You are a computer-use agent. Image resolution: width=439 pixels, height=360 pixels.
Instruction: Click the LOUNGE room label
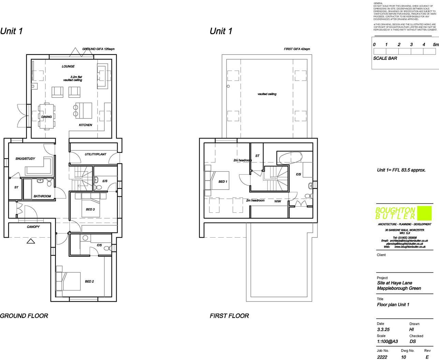click(x=68, y=66)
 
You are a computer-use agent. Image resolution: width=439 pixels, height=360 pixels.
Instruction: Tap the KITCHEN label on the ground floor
click(x=85, y=125)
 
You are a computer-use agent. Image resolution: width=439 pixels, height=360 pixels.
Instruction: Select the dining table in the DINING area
click(x=46, y=116)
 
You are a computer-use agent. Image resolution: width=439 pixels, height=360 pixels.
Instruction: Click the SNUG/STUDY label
click(x=25, y=159)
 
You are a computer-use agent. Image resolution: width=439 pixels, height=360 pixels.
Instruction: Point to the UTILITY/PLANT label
click(x=96, y=154)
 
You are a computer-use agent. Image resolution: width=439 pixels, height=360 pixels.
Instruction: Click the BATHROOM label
click(x=42, y=196)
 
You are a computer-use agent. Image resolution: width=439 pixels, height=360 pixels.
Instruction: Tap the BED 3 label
click(x=90, y=209)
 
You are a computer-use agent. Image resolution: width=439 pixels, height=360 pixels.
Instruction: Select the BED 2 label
click(x=89, y=282)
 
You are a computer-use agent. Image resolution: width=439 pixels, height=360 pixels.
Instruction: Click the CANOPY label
click(x=33, y=227)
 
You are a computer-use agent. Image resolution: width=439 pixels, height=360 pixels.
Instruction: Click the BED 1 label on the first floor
click(x=223, y=182)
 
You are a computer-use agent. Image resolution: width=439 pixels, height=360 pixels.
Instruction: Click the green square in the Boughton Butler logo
click(x=424, y=213)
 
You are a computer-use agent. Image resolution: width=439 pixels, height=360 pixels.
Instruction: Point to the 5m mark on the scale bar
click(x=436, y=45)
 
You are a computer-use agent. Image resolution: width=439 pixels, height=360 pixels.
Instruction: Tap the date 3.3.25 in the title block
click(x=383, y=330)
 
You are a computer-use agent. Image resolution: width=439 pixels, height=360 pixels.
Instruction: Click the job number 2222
click(x=382, y=357)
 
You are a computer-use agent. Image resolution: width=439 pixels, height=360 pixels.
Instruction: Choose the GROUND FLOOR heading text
click(x=24, y=316)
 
